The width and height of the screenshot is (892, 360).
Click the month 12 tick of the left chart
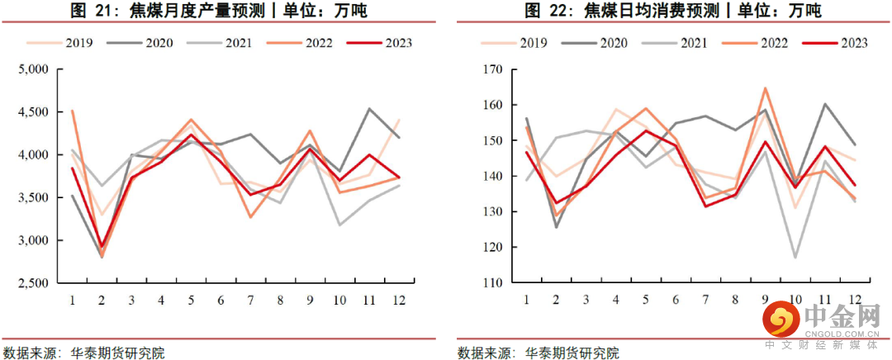pos(399,297)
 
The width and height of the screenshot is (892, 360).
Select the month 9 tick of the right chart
pos(765,297)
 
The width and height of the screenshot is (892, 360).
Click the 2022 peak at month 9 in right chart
pos(765,88)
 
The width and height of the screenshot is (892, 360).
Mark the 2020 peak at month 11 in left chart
pos(368,108)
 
